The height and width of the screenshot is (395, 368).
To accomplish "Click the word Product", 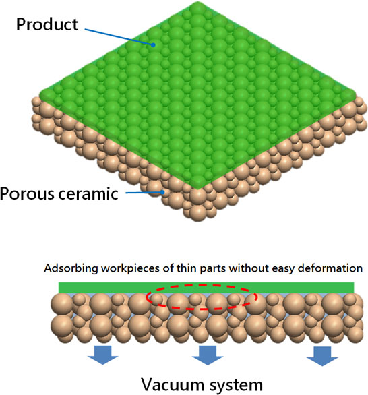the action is click(47, 24).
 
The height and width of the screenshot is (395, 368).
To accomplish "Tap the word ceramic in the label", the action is click(88, 194).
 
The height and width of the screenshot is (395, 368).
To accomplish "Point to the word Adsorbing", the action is click(71, 268).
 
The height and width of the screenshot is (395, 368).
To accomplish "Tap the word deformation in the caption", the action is click(330, 268).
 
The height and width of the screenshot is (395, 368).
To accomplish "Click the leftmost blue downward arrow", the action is click(102, 355).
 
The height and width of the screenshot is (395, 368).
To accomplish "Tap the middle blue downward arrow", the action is click(208, 355).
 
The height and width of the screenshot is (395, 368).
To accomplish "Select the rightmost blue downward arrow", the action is click(322, 356).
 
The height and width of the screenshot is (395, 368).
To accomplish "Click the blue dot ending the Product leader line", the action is click(153, 45).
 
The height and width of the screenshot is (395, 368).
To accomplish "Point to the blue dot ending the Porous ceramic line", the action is click(162, 193).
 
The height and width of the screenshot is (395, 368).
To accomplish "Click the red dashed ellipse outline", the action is click(202, 285).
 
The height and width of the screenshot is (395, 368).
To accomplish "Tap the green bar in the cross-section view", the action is click(206, 288).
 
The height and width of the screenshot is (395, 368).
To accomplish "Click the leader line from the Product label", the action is click(118, 37).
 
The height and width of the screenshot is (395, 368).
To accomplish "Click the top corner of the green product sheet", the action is click(197, 2).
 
